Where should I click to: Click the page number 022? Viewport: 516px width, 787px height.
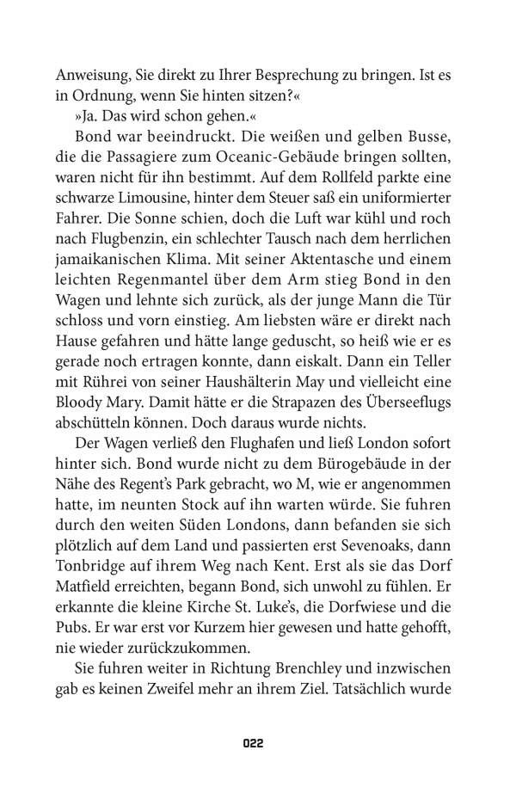257,742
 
